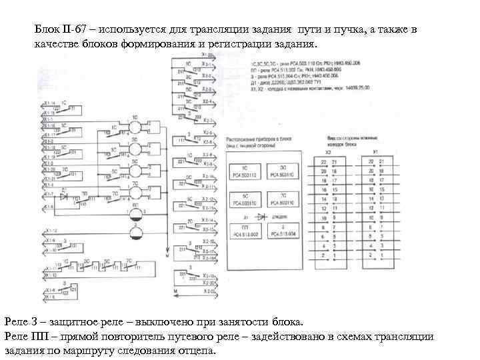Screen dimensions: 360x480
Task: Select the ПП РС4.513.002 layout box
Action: tap(245, 231)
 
